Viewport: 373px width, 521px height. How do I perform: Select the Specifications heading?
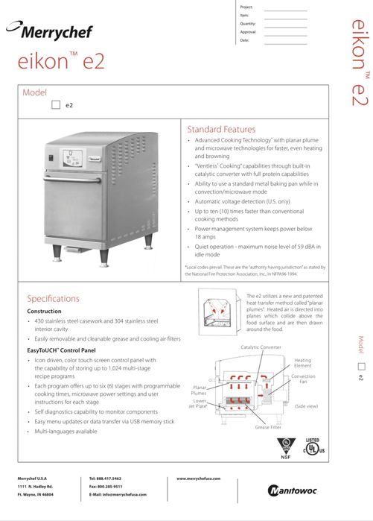[53, 298]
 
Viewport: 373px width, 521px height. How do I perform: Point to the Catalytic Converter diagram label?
[261, 347]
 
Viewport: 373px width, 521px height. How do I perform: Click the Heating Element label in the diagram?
[302, 362]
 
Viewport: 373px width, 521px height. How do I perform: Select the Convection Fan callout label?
[303, 379]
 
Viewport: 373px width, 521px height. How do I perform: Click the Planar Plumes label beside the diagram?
[200, 390]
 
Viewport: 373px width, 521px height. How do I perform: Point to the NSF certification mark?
[284, 446]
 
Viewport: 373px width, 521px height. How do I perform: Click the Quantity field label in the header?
[247, 23]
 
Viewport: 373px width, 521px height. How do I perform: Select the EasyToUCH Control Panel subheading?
[63, 349]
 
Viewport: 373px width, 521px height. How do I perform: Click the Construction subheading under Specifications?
[49, 311]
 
